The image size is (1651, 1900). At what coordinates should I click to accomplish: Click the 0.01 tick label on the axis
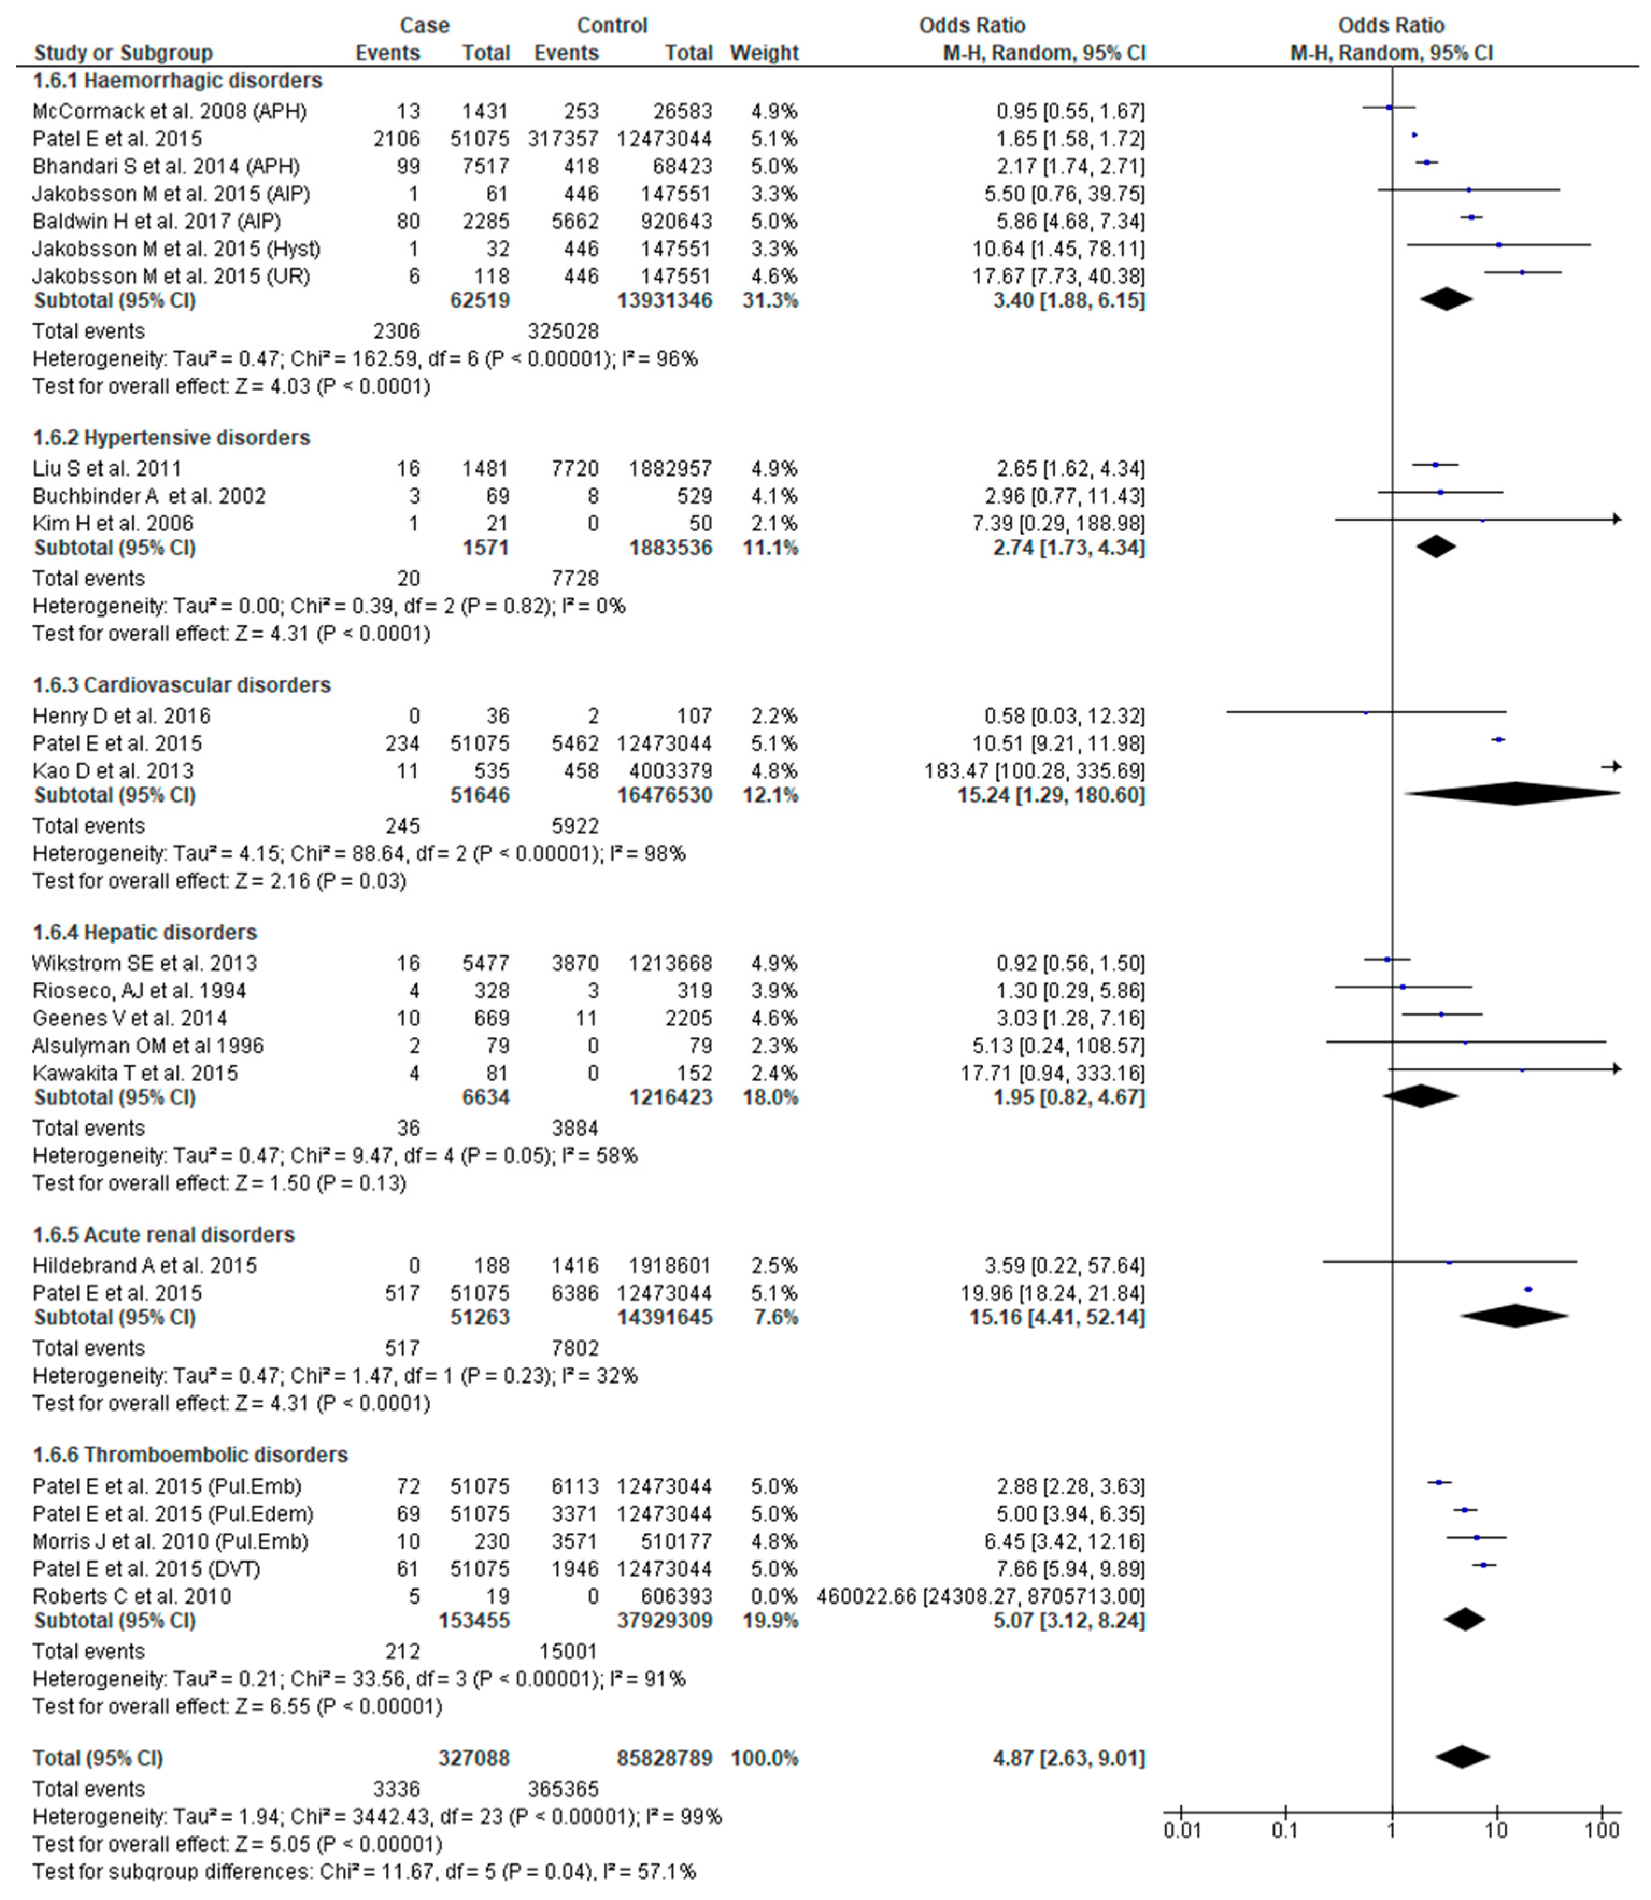pos(1182,1829)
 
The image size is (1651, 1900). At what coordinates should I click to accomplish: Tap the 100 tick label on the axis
pos(1602,1829)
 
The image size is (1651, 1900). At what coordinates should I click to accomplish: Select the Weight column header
pos(764,53)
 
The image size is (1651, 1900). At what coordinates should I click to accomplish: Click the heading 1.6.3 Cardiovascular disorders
pos(181,685)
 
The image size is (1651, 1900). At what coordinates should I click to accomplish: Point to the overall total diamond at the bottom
pos(1462,1757)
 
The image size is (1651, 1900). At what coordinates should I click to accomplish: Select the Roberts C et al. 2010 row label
pos(132,1596)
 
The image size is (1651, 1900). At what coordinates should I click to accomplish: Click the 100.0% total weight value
pos(764,1757)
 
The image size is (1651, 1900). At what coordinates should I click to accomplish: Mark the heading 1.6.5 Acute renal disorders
pos(164,1234)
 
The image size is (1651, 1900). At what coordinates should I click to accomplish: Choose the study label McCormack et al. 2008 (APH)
pos(169,111)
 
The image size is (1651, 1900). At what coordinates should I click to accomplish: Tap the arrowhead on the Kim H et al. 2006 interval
pos(1616,520)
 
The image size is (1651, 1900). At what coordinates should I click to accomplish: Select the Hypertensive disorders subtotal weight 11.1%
pos(770,547)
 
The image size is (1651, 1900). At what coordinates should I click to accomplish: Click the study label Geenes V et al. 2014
pos(130,1018)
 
